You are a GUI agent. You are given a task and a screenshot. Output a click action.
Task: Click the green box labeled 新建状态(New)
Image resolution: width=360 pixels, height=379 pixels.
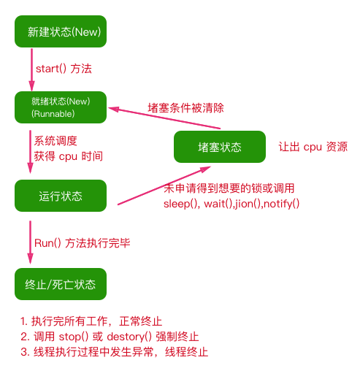pyautogui.click(x=61, y=31)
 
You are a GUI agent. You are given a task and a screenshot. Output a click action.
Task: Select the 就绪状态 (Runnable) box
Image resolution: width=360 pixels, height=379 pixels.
pyautogui.click(x=61, y=107)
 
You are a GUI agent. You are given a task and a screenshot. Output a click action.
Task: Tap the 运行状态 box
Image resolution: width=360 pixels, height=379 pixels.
pyautogui.click(x=61, y=196)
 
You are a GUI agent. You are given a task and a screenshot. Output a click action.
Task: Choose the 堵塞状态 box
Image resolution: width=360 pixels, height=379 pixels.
pyautogui.click(x=220, y=147)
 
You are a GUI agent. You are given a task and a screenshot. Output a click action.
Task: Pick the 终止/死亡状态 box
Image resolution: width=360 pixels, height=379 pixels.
pyautogui.click(x=61, y=284)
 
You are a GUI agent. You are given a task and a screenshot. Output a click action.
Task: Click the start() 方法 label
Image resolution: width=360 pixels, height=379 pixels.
pyautogui.click(x=64, y=69)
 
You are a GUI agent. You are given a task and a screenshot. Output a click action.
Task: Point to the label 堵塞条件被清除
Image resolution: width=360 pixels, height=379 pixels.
pyautogui.click(x=185, y=108)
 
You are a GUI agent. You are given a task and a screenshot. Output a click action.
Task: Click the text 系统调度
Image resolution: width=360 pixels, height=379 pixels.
pyautogui.click(x=55, y=141)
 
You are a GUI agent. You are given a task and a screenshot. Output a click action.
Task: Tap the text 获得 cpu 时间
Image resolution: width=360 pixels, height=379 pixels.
pyautogui.click(x=69, y=156)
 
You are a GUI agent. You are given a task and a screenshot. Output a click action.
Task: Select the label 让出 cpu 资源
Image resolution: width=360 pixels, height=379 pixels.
pyautogui.click(x=313, y=147)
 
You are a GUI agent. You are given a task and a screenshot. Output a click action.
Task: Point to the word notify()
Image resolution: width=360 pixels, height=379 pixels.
pyautogui.click(x=281, y=204)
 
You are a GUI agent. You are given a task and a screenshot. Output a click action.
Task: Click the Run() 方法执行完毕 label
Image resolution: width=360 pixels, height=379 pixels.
pyautogui.click(x=83, y=243)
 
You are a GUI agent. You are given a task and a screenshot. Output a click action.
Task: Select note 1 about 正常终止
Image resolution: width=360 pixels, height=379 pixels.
pyautogui.click(x=91, y=321)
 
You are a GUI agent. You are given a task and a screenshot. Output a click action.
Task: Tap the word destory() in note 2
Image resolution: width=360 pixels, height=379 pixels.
pyautogui.click(x=129, y=337)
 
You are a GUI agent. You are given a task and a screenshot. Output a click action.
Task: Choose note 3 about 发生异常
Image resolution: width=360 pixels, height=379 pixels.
pyautogui.click(x=115, y=352)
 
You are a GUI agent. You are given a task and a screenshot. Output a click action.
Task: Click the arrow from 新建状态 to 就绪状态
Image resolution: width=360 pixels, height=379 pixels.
pyautogui.click(x=31, y=70)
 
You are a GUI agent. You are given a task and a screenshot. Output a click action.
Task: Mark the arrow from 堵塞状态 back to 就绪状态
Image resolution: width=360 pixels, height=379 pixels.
pyautogui.click(x=164, y=118)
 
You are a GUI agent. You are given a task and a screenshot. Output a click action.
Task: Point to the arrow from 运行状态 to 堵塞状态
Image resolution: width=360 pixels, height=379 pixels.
pyautogui.click(x=164, y=185)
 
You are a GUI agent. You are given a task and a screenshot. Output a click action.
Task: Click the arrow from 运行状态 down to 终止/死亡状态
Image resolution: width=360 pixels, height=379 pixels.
pyautogui.click(x=30, y=242)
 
